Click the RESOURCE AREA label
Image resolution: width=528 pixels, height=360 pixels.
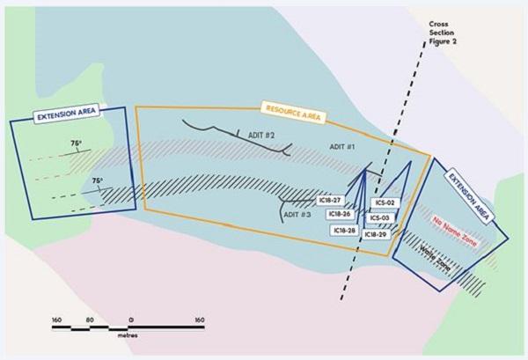click(x=292, y=113)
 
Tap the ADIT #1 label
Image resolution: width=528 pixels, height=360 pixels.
click(x=342, y=145)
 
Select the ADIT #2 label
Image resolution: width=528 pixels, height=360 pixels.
click(x=260, y=136)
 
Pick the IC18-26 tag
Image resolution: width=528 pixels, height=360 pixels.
click(x=340, y=214)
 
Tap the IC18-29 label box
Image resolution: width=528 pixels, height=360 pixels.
click(x=376, y=235)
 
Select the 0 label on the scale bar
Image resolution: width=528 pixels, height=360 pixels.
click(x=130, y=319)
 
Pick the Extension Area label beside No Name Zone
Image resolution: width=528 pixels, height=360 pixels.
click(x=465, y=188)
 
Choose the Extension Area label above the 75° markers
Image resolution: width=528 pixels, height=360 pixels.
click(x=67, y=114)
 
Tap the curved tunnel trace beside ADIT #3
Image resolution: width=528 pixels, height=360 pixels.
click(x=283, y=211)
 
